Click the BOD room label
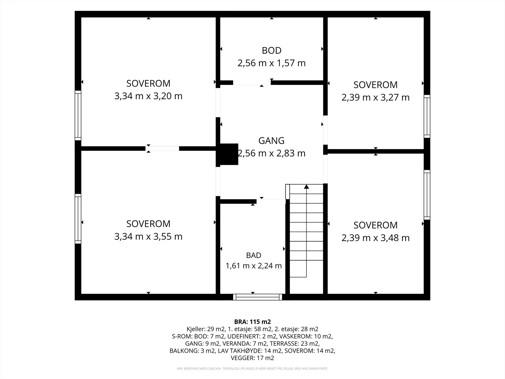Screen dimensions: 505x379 click(271, 51)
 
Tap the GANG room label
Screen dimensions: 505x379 click(271, 141)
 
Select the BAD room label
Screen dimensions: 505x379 click(253, 255)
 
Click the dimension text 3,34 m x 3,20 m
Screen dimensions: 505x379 click(148, 96)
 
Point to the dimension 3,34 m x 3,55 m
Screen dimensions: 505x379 click(148, 237)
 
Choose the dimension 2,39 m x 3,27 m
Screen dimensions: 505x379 click(376, 98)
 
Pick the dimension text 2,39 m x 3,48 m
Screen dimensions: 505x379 click(376, 238)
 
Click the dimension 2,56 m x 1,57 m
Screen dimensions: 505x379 click(271, 63)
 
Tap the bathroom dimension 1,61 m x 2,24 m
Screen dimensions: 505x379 click(253, 266)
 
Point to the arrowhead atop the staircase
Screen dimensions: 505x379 click(306, 187)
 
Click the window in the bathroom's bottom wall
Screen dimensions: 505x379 click(258, 297)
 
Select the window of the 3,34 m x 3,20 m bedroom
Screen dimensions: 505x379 click(78, 115)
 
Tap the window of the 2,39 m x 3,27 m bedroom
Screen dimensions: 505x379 click(427, 116)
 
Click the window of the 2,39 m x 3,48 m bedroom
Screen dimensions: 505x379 click(427, 195)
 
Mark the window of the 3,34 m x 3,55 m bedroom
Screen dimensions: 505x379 click(78, 219)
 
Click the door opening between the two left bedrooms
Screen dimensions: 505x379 click(162, 149)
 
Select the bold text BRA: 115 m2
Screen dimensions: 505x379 click(252, 322)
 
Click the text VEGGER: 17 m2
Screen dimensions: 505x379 click(252, 358)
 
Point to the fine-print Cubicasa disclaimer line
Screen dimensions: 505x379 click(252, 368)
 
